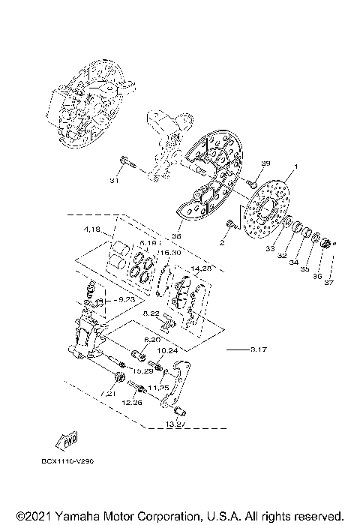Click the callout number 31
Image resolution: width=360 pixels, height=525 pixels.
click(115, 181)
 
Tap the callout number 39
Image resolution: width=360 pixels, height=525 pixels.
click(265, 163)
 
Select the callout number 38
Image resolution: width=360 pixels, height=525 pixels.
click(176, 235)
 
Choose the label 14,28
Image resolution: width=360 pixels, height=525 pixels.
click(202, 266)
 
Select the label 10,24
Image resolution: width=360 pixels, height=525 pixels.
click(167, 349)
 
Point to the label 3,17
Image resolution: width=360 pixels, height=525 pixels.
click(259, 349)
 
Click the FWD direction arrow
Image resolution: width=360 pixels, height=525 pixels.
click(70, 438)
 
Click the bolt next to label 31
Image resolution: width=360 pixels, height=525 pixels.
click(127, 166)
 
